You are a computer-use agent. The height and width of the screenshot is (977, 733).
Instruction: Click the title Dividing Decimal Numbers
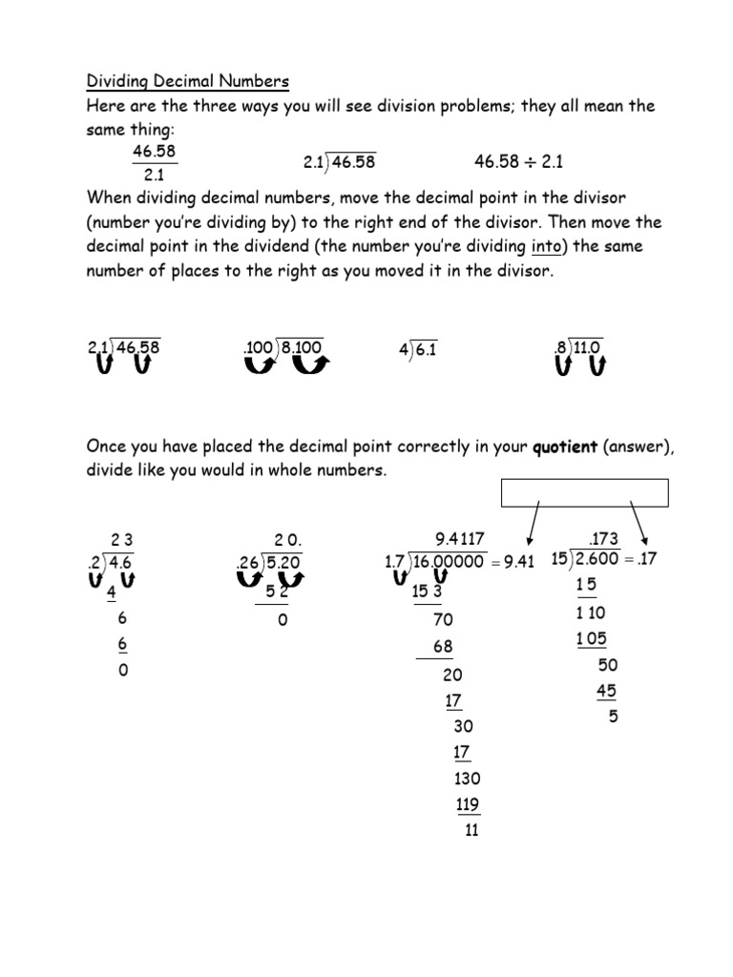click(188, 81)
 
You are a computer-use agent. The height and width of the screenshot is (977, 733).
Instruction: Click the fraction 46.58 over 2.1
click(154, 163)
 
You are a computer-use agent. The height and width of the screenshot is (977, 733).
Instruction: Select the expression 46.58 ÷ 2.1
click(518, 162)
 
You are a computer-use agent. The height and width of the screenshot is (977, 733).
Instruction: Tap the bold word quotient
click(566, 447)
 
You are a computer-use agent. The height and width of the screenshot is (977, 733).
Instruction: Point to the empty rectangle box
click(584, 493)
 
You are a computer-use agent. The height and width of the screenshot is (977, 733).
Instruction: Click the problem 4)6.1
click(417, 349)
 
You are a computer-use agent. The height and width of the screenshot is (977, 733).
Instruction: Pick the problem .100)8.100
click(283, 349)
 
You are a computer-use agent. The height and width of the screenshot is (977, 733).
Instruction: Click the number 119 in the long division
click(468, 804)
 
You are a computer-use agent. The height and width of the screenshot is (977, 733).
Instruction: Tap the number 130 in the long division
click(468, 779)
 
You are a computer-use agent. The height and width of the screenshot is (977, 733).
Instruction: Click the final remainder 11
click(471, 830)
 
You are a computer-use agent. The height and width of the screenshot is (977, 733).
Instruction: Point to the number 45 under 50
click(607, 691)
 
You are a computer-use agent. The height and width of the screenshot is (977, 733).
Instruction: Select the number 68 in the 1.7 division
click(443, 647)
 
